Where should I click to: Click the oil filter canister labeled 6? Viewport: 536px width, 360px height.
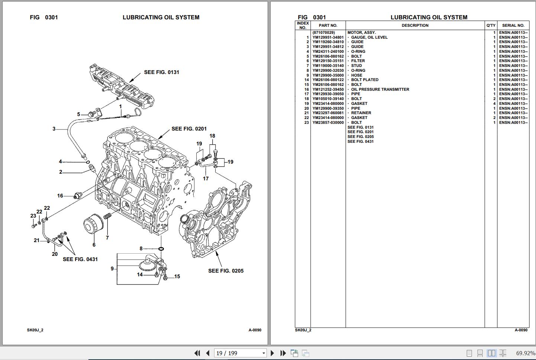[92, 225]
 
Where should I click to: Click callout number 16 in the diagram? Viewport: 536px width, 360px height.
[60, 196]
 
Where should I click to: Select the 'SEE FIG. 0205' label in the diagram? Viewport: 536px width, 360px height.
[226, 271]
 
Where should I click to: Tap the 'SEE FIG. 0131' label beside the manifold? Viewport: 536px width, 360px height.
[161, 72]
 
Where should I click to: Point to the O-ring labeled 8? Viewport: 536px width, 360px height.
[161, 249]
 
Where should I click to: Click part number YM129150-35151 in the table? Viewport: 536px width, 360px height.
[328, 61]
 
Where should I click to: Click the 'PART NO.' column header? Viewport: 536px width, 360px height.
[328, 25]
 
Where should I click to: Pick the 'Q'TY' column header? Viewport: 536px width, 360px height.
[491, 25]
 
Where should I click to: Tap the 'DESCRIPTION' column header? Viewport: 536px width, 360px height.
[415, 25]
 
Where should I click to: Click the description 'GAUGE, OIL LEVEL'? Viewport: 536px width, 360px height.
[369, 37]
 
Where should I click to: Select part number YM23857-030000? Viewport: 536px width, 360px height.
[328, 122]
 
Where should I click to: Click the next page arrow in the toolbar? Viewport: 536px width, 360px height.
[272, 353]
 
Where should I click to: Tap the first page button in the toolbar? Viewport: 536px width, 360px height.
[197, 353]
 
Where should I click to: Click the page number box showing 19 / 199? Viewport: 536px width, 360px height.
[240, 353]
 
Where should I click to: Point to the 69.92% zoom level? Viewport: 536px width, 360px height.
[525, 353]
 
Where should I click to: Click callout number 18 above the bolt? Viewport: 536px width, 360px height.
[212, 136]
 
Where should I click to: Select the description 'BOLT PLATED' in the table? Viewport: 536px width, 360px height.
[365, 80]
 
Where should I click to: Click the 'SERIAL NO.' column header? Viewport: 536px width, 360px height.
[513, 25]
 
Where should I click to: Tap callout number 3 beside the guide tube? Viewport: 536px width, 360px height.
[54, 129]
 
